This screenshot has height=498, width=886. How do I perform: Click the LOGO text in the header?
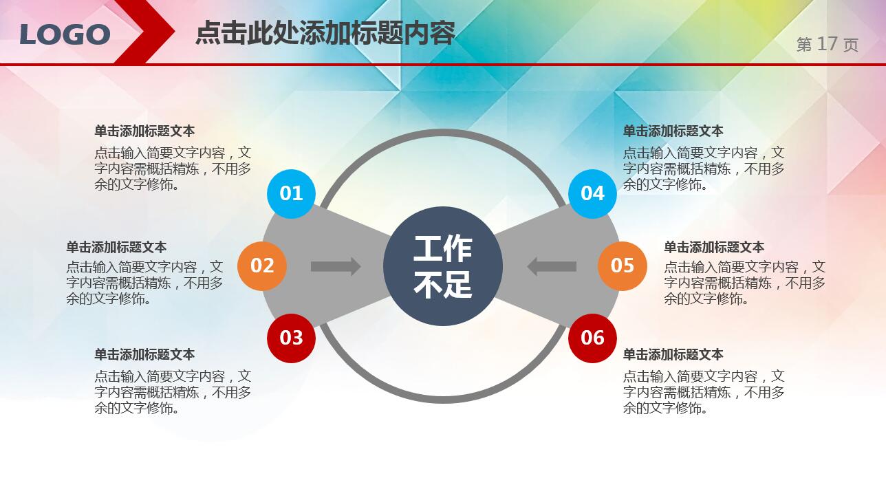65,34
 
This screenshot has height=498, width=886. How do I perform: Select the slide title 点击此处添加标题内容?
325,32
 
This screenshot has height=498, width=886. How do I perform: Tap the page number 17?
827,44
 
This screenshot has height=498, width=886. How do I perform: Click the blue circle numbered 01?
291,193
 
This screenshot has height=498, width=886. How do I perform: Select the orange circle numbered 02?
261,266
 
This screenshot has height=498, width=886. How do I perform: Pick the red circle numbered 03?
291,337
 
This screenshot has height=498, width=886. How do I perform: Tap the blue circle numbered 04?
592,193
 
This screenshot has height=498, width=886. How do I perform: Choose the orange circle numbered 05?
622,266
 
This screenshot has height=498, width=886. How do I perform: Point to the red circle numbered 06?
592,337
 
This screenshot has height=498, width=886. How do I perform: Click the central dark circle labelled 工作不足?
442,266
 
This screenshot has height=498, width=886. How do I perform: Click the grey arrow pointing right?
336,266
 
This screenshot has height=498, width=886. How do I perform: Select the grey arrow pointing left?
551,266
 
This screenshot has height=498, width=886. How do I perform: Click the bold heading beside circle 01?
144,131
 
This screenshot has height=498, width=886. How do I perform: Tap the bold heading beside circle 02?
116,247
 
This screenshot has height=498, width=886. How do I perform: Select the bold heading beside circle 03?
144,354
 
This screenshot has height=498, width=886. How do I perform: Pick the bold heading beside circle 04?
673,131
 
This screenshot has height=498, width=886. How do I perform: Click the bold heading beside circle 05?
713,247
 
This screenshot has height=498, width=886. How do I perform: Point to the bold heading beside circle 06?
673,354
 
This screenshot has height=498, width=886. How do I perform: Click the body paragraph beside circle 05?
744,283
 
